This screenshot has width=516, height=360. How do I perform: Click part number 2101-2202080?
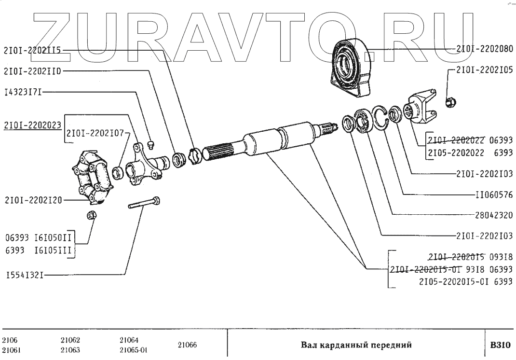484,48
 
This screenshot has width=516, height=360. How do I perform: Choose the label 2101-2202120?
33,200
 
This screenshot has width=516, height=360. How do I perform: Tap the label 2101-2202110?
33,70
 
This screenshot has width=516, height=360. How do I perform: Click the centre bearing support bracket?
351,67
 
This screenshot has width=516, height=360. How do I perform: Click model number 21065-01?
133,350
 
